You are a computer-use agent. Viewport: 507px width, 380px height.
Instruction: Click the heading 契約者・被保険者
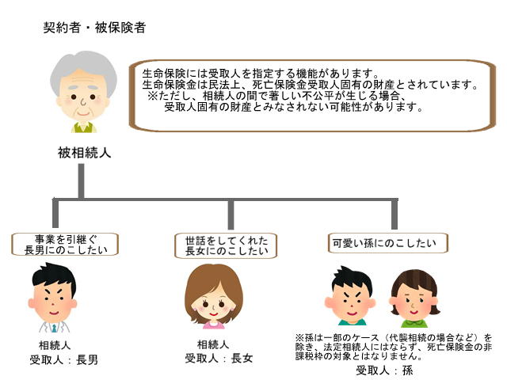[x=93, y=28]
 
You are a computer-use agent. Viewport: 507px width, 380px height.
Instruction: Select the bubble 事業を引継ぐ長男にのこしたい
[x=66, y=244]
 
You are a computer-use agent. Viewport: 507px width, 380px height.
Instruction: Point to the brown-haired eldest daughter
[x=213, y=297]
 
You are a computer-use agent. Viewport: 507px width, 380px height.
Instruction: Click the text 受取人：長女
[x=219, y=358]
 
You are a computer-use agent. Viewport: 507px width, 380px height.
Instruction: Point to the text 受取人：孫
[x=384, y=370]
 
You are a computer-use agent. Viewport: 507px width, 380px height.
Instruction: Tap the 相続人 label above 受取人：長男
[x=55, y=345]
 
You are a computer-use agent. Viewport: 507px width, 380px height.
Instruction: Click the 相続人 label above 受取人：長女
[x=213, y=344]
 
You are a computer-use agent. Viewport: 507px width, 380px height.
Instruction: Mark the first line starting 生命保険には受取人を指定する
[x=269, y=74]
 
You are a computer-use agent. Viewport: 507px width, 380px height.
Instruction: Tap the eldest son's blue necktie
[x=55, y=327]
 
